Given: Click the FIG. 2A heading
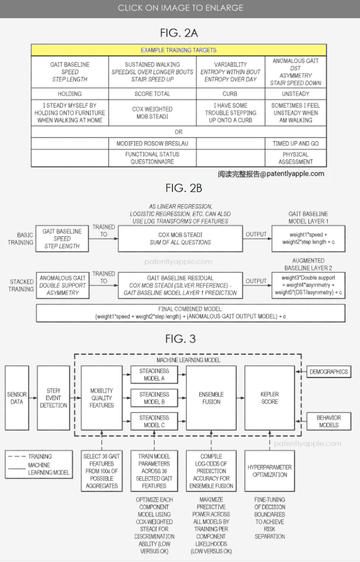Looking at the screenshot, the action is coord(179,33).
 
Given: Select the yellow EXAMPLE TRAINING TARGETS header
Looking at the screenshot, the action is coord(178,50).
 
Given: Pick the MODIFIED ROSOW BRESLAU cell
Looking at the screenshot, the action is coord(153,144).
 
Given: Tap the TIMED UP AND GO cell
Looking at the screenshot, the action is coord(296,144).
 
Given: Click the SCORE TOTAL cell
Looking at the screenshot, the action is coord(153,93).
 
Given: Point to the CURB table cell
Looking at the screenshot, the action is coord(231,93).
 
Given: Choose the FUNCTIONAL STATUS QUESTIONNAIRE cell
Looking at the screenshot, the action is coord(153,158).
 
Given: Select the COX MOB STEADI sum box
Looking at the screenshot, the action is coord(180,238).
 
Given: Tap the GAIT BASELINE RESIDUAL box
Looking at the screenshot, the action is coord(180,285).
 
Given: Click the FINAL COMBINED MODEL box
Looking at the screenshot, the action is coord(190,313).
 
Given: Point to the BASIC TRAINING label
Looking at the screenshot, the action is coord(21,239).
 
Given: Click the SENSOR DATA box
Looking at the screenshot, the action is coord(17,398).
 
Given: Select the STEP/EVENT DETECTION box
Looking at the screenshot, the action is coord(54,398).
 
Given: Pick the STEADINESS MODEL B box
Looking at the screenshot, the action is coord(154,398).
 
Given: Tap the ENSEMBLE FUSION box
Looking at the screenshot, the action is coord(211,398).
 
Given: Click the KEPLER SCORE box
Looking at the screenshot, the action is coord(270,398).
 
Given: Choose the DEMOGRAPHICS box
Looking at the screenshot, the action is coord(329,372).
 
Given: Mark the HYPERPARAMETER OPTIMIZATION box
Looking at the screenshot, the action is coord(270,471).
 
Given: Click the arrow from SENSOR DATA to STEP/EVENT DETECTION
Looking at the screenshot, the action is coord(33,398).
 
